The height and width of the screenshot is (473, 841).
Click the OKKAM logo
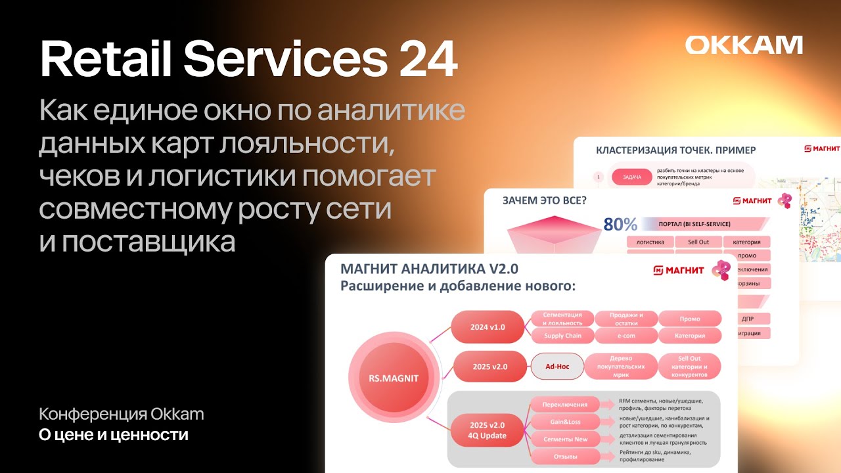pyautogui.click(x=744, y=45)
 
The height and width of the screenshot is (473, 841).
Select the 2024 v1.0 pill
pyautogui.click(x=488, y=327)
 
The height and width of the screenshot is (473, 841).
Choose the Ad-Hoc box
pyautogui.click(x=557, y=367)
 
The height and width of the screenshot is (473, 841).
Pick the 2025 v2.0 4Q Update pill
pyautogui.click(x=488, y=430)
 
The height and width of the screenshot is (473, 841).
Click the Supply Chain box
pyautogui.click(x=562, y=336)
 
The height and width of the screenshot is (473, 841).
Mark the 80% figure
pyautogui.click(x=621, y=225)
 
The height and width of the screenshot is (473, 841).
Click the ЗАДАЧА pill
pyautogui.click(x=631, y=177)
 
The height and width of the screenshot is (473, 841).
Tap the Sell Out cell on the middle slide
pyautogui.click(x=698, y=242)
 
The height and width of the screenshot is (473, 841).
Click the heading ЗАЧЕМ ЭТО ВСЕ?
pyautogui.click(x=545, y=200)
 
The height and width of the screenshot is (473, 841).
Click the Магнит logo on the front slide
pyautogui.click(x=679, y=270)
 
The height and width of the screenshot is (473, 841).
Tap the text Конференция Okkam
pyautogui.click(x=122, y=415)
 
